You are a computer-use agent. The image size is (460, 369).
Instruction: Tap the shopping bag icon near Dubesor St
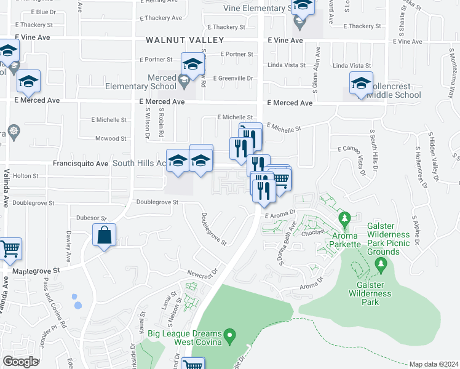[x=105, y=236]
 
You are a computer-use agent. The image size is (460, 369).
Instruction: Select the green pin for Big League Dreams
[x=230, y=336]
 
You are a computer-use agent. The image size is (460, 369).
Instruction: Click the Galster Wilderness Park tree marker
[x=381, y=264]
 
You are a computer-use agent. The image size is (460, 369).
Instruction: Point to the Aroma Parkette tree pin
[x=345, y=219]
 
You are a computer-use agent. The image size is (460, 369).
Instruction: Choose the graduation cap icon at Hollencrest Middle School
[x=361, y=83]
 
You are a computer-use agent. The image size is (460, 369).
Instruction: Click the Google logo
[x=20, y=362]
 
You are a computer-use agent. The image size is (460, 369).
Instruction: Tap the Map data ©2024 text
[x=434, y=364]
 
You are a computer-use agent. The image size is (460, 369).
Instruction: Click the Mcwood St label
[x=111, y=139]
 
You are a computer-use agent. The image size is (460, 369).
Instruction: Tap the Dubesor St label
[x=92, y=218]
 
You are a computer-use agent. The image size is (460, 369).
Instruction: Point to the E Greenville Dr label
[x=233, y=78]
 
